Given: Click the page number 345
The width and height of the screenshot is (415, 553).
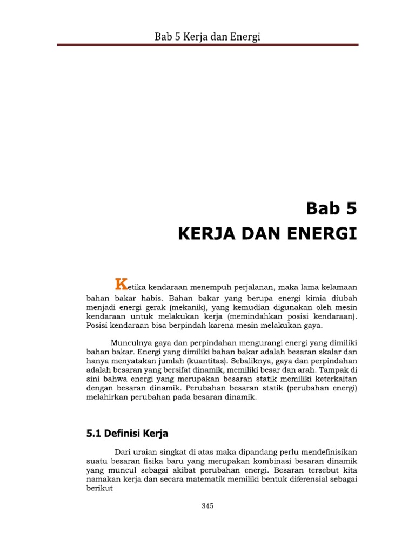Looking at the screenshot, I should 207,506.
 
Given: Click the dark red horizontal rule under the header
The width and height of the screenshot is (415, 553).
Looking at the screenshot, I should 207,45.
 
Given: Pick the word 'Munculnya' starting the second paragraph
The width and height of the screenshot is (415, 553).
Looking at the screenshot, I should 132,342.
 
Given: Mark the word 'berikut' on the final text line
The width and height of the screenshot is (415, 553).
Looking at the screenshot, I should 99,488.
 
